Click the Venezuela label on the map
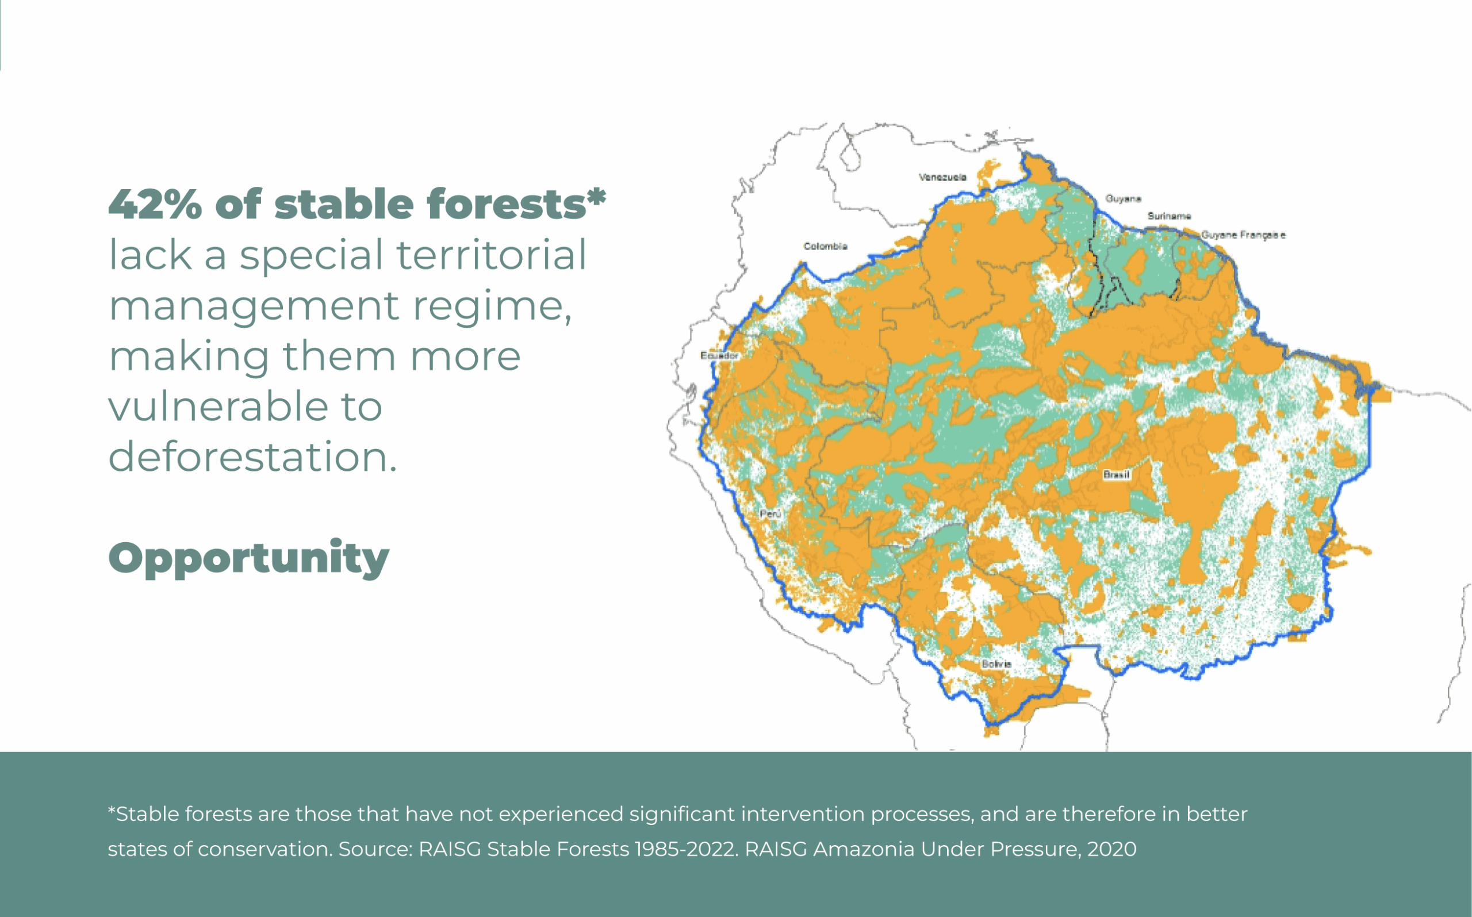(x=942, y=177)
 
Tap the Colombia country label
(x=825, y=246)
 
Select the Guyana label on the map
(x=1122, y=199)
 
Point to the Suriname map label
(x=1169, y=216)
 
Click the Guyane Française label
(x=1243, y=235)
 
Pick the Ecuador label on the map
(x=719, y=355)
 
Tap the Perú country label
(x=770, y=513)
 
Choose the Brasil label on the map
(x=1116, y=474)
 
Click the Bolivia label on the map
(x=996, y=663)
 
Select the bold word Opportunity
(x=248, y=558)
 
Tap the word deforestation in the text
(x=252, y=456)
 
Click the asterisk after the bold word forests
(x=597, y=195)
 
